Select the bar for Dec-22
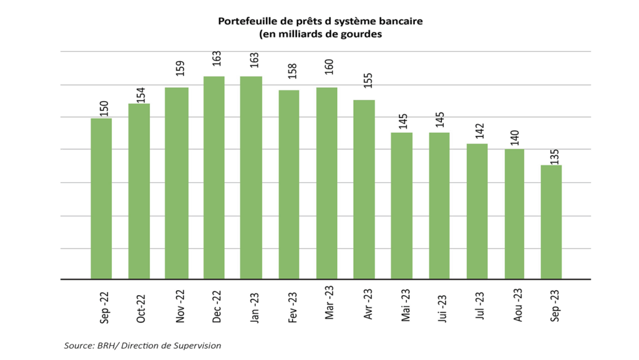[214, 178]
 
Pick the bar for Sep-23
[551, 222]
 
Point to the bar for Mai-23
[402, 206]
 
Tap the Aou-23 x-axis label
[518, 305]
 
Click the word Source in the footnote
[77, 345]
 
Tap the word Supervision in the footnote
[198, 345]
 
